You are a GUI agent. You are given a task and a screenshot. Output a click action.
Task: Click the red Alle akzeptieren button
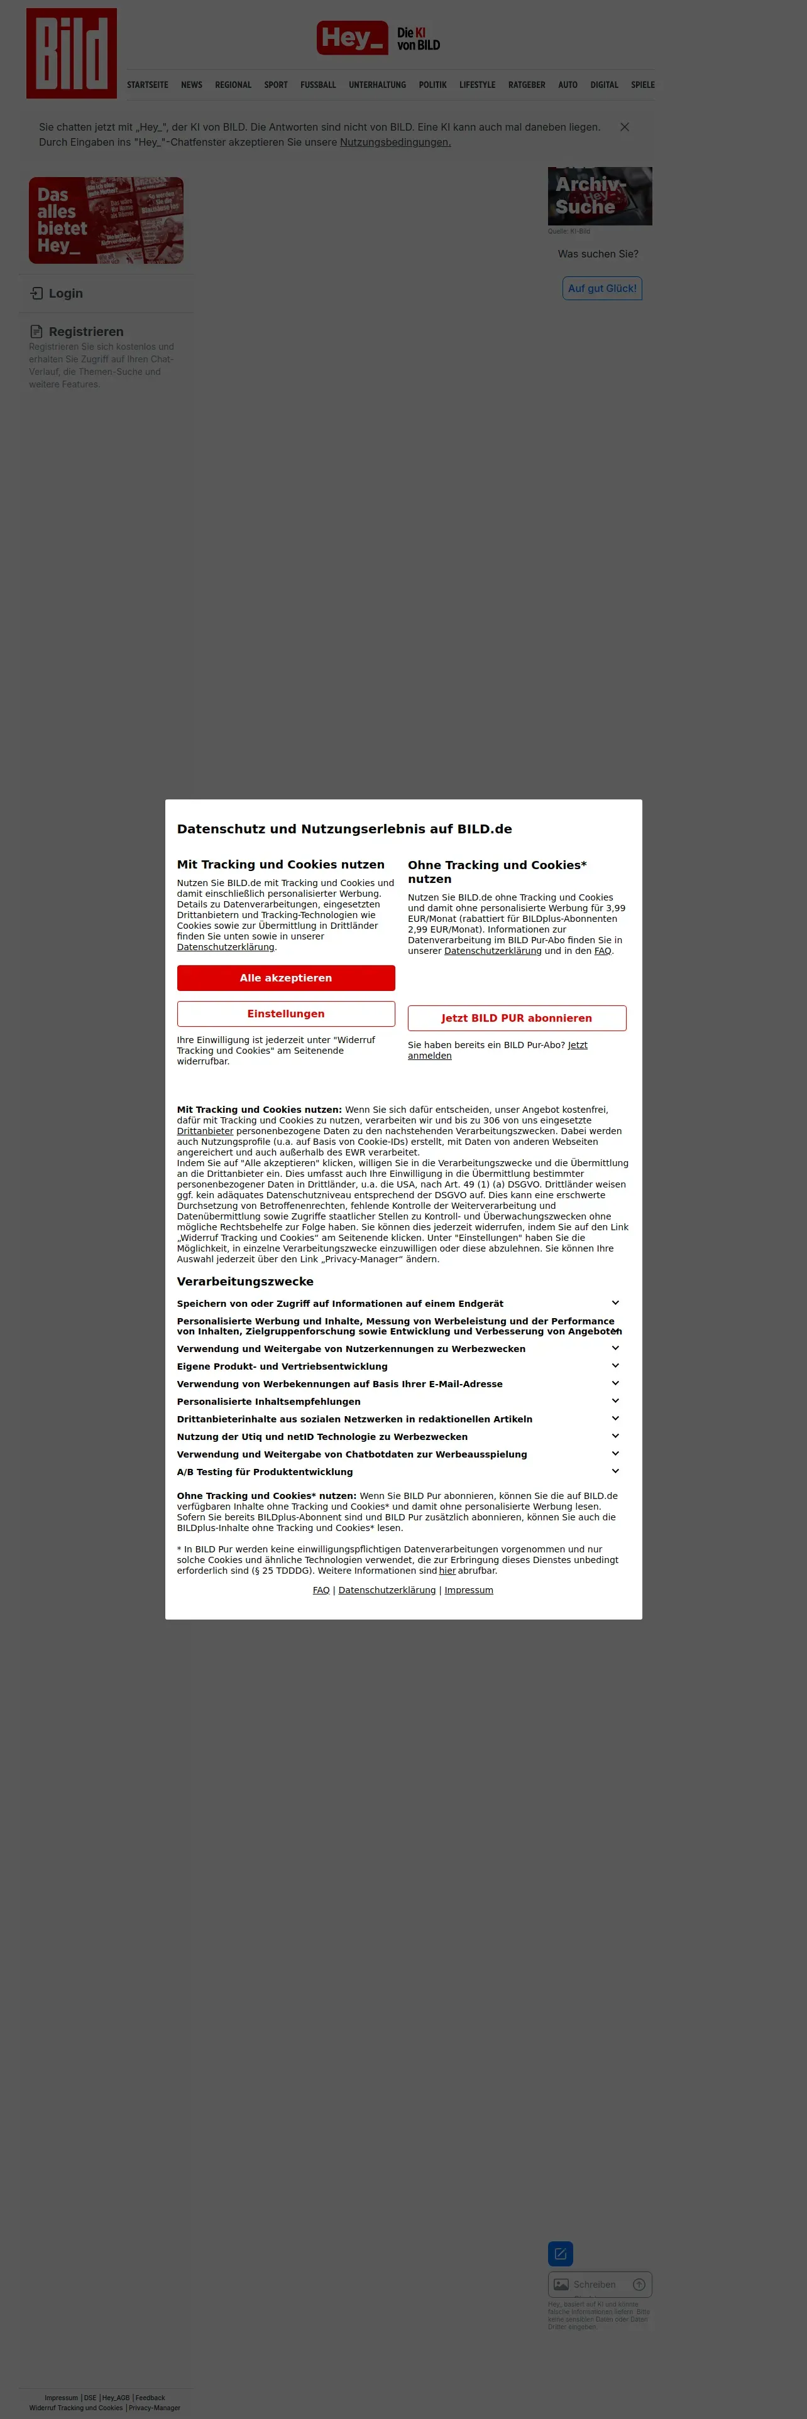pyautogui.click(x=285, y=978)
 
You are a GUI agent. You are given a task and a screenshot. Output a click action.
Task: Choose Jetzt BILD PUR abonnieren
pyautogui.click(x=517, y=1018)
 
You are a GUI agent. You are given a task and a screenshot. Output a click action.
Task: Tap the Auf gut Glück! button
pyautogui.click(x=602, y=288)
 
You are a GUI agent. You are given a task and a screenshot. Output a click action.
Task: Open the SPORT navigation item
pyautogui.click(x=276, y=85)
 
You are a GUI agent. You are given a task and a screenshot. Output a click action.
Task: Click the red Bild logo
pyautogui.click(x=72, y=53)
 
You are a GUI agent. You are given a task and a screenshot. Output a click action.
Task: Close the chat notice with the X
pyautogui.click(x=625, y=127)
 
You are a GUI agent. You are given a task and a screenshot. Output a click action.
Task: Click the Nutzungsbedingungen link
pyautogui.click(x=395, y=143)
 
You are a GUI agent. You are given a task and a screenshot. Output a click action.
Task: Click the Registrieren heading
pyautogui.click(x=85, y=332)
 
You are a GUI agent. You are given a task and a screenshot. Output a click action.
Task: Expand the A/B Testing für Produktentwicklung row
pyautogui.click(x=615, y=1471)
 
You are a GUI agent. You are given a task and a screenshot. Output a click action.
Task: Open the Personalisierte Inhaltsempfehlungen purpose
pyautogui.click(x=615, y=1401)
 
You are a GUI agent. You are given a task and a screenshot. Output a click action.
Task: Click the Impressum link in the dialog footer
pyautogui.click(x=469, y=1590)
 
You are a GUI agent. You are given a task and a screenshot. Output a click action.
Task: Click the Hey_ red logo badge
pyautogui.click(x=353, y=38)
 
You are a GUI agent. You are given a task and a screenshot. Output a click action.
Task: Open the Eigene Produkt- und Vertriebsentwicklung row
pyautogui.click(x=615, y=1366)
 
